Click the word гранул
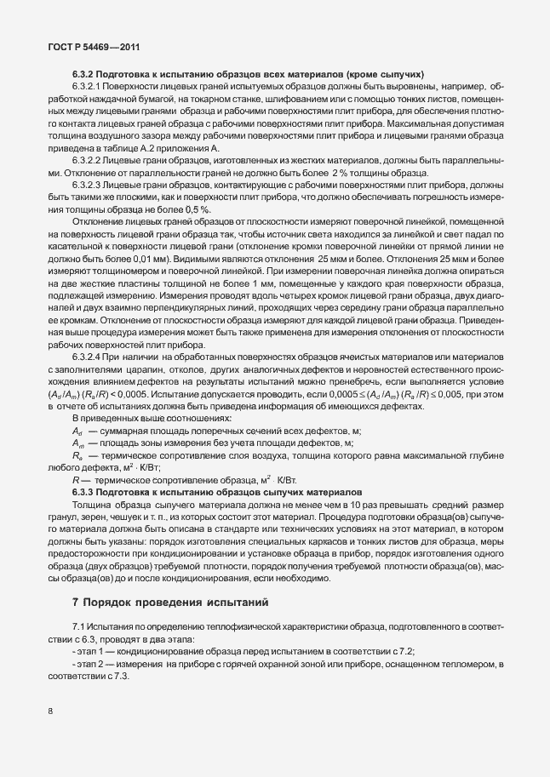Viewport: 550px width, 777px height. pyautogui.click(x=66, y=518)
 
